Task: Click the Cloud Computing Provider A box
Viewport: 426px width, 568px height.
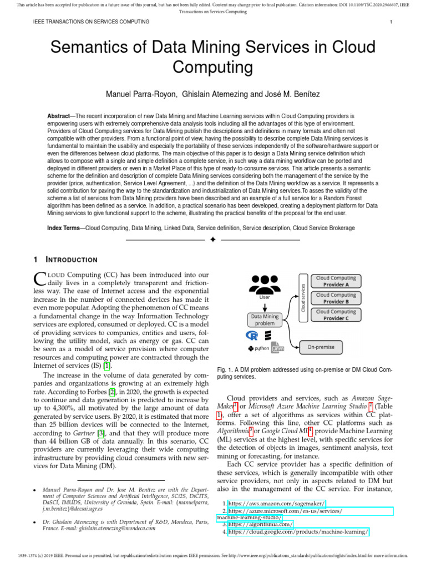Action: pos(336,281)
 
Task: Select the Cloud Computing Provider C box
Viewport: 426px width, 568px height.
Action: pos(336,315)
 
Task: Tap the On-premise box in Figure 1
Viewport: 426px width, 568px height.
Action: pos(321,347)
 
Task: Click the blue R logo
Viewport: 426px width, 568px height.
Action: pos(253,336)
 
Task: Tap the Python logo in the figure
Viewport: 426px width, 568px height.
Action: pos(258,349)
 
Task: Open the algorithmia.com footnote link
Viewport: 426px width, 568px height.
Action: pos(261,524)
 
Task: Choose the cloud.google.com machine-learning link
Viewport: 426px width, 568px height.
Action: pos(298,531)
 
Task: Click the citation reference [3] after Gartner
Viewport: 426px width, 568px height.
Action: pos(101,433)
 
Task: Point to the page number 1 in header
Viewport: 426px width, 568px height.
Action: pos(391,22)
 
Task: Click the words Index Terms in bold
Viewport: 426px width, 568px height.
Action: pos(64,228)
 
